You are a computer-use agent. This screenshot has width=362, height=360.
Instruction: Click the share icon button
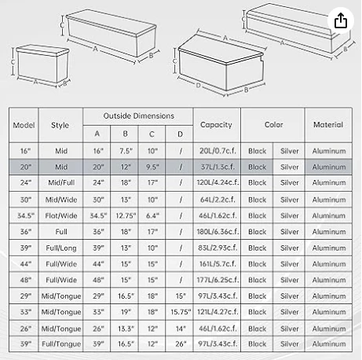tap(340, 21)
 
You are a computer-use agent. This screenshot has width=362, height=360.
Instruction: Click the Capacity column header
tap(216, 124)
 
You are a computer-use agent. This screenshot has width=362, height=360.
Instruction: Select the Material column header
tap(327, 124)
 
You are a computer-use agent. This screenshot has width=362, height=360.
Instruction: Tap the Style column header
tap(60, 124)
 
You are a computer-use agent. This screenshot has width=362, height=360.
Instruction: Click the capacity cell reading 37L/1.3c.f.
tap(216, 167)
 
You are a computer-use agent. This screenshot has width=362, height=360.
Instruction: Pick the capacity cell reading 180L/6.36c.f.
tap(216, 232)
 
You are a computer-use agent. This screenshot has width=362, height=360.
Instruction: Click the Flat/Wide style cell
tap(60, 215)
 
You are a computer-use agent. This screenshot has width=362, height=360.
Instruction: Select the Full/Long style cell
tap(60, 248)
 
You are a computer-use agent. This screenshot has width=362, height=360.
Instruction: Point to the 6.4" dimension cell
tap(153, 215)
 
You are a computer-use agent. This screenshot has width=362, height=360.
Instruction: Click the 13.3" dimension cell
tap(126, 329)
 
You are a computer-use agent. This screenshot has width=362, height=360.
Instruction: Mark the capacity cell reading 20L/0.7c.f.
tap(216, 150)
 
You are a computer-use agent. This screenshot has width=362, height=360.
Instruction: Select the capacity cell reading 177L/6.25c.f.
tap(216, 281)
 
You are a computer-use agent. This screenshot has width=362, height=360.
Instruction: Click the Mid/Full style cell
tap(60, 183)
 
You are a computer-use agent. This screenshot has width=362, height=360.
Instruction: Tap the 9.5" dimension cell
tap(153, 167)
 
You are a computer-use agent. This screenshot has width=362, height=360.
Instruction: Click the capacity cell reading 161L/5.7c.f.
tap(216, 264)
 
